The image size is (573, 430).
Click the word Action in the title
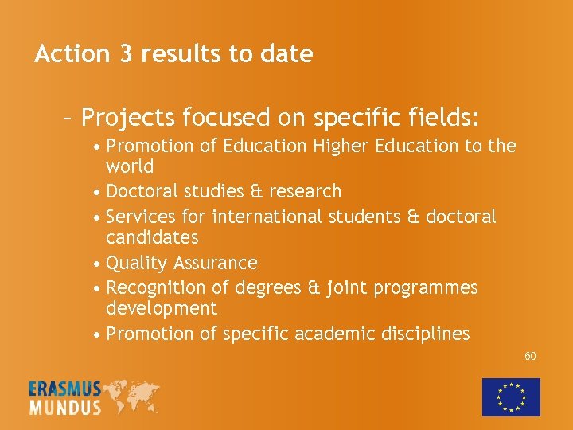72,54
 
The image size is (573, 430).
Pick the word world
130,167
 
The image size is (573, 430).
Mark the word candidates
152,238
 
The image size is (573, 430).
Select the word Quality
135,264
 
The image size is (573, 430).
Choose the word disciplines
424,334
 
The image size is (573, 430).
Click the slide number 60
530,356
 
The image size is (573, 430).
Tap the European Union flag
511,397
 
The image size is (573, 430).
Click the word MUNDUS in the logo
65,407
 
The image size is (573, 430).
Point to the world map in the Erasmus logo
131,396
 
